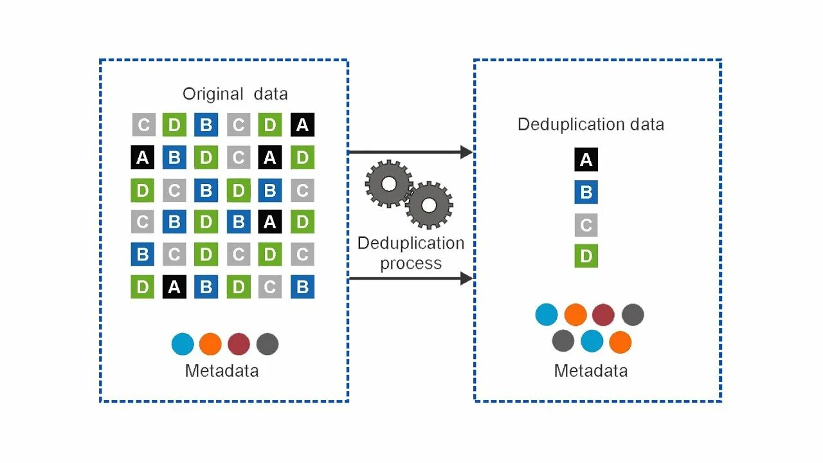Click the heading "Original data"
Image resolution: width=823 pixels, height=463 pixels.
pos(235,94)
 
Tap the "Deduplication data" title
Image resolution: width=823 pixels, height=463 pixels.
pos(590,124)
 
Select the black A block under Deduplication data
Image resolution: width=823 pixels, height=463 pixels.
pos(586,159)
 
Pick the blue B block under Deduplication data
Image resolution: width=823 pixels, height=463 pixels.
pos(586,192)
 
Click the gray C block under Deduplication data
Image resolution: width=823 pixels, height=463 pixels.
pos(586,224)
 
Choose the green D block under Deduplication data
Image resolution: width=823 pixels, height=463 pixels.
pos(586,256)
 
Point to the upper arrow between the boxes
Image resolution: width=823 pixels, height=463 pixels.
pos(410,152)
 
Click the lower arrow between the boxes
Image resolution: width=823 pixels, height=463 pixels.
pos(410,278)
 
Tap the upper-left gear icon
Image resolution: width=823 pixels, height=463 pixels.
pos(388,184)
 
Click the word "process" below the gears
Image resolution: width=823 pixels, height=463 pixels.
pos(411,264)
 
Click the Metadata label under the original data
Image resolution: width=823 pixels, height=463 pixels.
pos(222,371)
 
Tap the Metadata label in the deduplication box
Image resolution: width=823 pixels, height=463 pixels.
pos(590,371)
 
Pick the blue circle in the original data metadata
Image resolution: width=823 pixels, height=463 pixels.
pos(183,345)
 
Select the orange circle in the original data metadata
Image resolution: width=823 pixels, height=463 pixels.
pos(210,345)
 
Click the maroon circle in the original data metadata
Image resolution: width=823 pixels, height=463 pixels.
pos(239,345)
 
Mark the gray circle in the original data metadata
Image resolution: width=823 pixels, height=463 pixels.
pos(267,345)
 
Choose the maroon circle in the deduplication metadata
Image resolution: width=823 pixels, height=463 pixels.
pos(603,314)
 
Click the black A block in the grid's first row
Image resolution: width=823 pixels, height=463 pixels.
pos(302,125)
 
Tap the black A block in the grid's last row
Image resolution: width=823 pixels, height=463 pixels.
pos(174,287)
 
